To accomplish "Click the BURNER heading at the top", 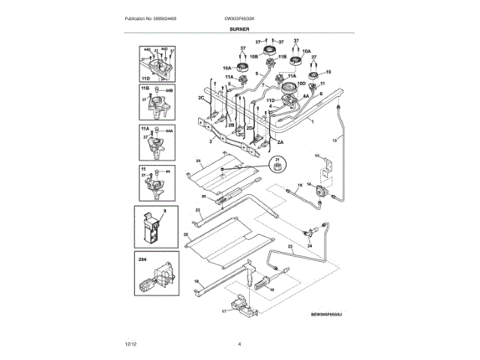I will click(239, 29).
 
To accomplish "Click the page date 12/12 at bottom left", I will click(131, 344).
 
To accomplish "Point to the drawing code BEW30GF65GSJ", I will click(331, 316).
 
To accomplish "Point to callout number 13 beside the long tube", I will click(335, 139).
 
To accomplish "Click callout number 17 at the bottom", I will click(223, 310).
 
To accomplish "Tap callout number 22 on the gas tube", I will click(289, 247).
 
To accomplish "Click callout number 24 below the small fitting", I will click(308, 245).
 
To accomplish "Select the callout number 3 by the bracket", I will click(211, 140).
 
